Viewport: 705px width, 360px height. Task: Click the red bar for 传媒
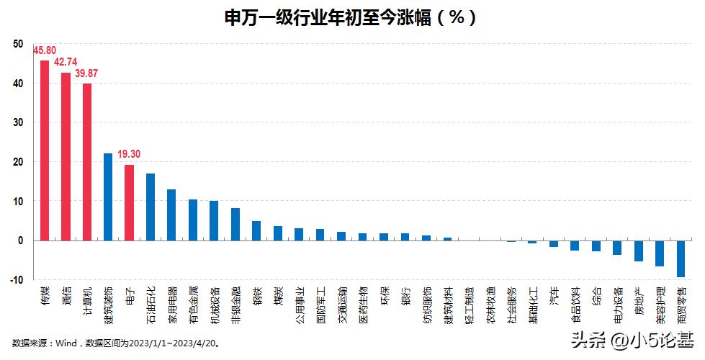[45, 150]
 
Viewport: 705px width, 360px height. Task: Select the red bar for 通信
[66, 156]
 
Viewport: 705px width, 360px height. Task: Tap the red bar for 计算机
[87, 162]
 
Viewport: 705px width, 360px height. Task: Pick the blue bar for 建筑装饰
[108, 197]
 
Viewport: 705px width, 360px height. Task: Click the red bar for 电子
[129, 202]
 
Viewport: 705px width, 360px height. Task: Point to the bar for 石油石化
[151, 207]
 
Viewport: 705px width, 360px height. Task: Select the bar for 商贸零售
[681, 258]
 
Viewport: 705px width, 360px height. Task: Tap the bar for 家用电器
[171, 215]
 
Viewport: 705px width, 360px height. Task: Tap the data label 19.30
[130, 155]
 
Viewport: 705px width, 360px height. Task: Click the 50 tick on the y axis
[17, 45]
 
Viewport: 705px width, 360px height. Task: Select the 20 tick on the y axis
[17, 162]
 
